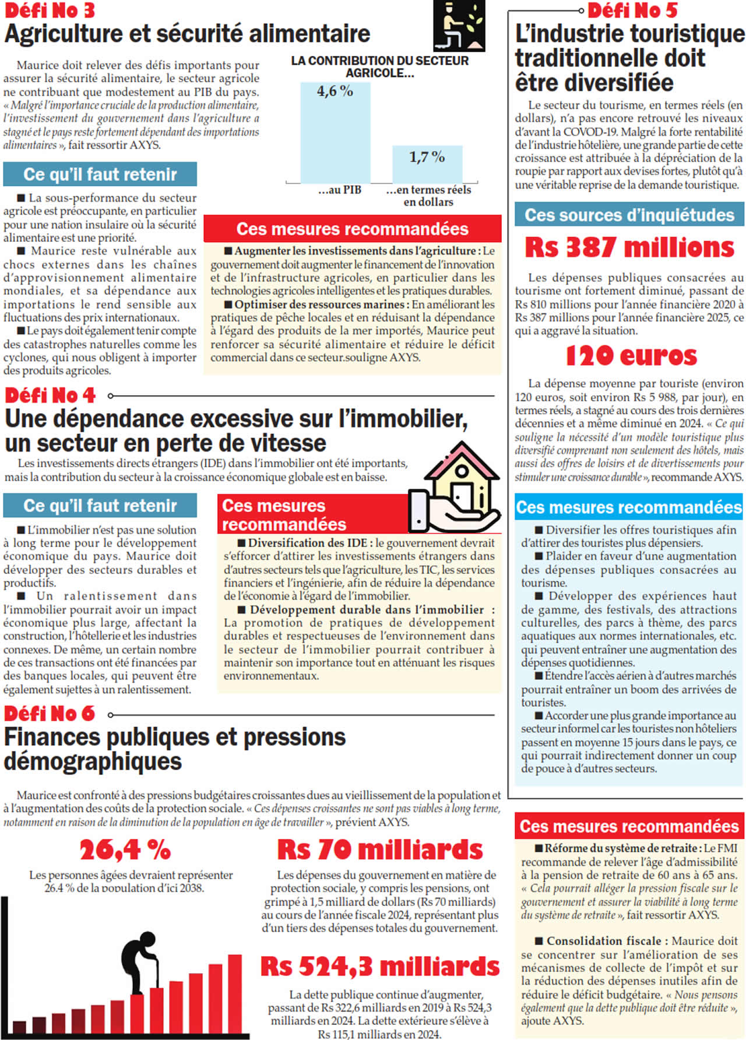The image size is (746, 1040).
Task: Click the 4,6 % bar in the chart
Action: pos(335,133)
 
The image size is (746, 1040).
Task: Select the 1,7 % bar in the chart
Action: pos(427,164)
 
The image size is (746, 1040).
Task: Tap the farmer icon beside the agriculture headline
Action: pos(459,26)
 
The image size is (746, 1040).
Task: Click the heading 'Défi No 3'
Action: pos(50,10)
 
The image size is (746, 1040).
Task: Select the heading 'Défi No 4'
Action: pos(50,396)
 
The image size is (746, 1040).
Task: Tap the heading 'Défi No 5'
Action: pos(632,10)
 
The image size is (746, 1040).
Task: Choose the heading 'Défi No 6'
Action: pos(50,714)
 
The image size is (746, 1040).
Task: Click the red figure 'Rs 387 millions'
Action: pos(629,248)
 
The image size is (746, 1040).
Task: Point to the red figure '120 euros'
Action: pos(631,355)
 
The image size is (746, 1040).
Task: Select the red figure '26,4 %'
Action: pos(125,850)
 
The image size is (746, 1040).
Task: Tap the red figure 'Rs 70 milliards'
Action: pos(380,850)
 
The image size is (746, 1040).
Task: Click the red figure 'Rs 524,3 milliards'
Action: pos(380,967)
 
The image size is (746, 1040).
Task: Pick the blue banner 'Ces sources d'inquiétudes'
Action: pos(629,215)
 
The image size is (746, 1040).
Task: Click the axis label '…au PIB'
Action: pos(340,190)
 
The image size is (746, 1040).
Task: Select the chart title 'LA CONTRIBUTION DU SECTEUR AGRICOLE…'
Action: pos(379,67)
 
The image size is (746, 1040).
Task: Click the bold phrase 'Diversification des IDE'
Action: pos(308,543)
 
